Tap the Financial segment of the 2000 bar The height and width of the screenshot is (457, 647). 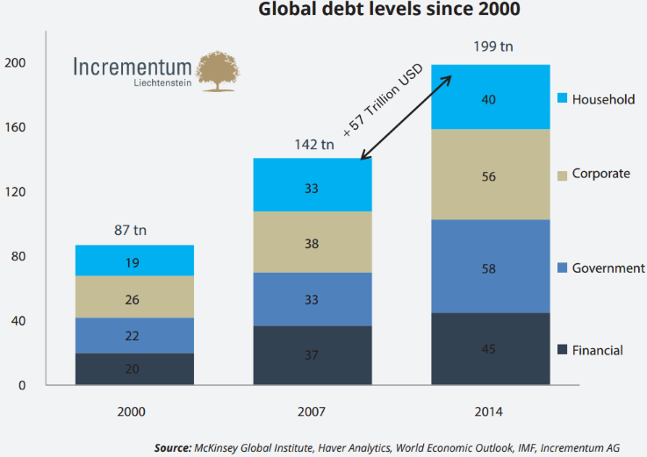pos(133,369)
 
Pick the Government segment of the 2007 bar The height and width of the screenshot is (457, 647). pos(313,299)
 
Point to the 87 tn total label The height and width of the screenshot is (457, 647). pos(130,231)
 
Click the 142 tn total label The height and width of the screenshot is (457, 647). pos(313,144)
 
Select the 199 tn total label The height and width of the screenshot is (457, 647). pos(493,46)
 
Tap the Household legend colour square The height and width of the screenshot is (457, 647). pos(563,99)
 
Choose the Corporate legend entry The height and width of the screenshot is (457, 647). pos(600,174)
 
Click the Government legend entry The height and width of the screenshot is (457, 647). pos(607,268)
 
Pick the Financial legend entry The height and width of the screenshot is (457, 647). pos(597,350)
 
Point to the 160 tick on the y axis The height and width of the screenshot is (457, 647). pos(15,127)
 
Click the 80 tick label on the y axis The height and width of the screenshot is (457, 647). pos(18,257)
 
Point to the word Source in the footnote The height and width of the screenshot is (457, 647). pos(172,447)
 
